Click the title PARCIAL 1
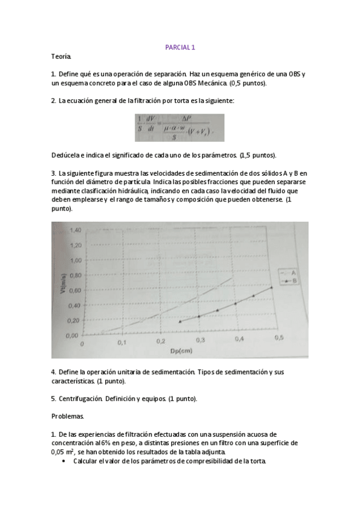pos(180,46)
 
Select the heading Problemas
pos(67,416)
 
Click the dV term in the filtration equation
pos(151,121)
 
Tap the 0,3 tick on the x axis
pos(200,340)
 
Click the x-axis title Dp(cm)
pos(180,351)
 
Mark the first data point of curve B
pos(180,322)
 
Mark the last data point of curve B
pos(272,287)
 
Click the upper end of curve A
pos(231,278)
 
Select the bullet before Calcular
pos(64,461)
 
